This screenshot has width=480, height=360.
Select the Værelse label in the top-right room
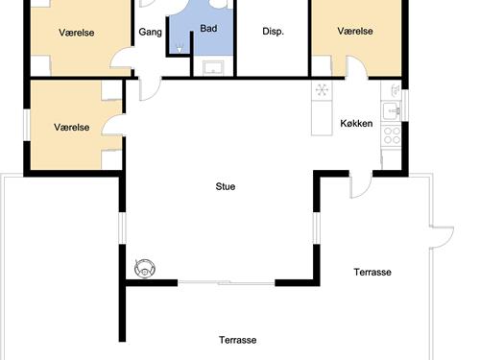(355, 32)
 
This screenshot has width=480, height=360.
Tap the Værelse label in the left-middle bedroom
(72, 127)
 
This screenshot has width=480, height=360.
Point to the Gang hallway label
(150, 32)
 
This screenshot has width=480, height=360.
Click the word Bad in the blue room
(208, 29)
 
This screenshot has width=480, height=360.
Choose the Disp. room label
(273, 32)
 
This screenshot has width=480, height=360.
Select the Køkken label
(356, 123)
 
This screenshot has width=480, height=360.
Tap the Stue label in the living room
(226, 187)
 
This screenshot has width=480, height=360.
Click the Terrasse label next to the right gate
(372, 273)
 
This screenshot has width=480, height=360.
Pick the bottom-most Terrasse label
(237, 340)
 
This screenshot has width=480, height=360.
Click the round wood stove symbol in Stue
(145, 268)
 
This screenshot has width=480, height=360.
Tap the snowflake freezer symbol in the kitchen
(323, 90)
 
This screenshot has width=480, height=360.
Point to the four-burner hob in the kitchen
(391, 135)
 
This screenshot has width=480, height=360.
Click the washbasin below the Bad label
(212, 66)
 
